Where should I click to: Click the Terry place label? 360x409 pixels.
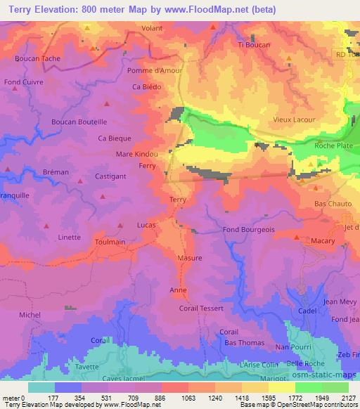click(178, 200)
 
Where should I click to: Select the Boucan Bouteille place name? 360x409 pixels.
click(79, 122)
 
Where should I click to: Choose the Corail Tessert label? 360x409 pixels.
click(202, 309)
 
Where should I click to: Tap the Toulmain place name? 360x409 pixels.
click(110, 241)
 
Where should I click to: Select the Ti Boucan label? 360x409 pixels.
click(254, 45)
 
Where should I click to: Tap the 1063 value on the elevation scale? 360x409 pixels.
click(179, 398)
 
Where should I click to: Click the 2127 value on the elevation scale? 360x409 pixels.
click(348, 398)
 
